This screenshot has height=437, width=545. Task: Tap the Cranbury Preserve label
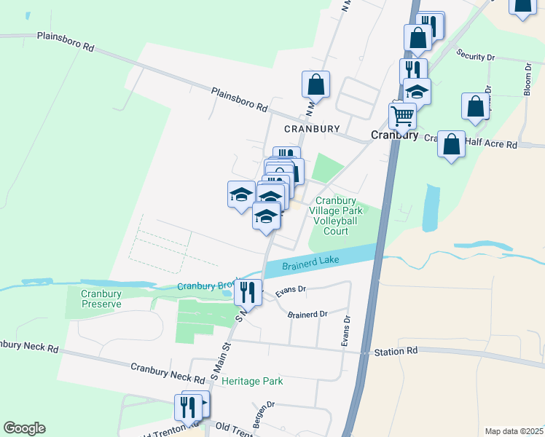point(101,299)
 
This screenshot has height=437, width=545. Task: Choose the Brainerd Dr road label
point(307,315)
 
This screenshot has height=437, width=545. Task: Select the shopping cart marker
point(402,116)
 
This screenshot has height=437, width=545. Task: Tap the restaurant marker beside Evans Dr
point(248,292)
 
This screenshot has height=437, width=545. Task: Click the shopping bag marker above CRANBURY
point(316,84)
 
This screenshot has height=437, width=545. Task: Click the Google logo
point(24,428)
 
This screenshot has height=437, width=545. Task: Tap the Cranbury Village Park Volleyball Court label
point(335,216)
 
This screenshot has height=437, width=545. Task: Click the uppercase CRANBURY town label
point(312,129)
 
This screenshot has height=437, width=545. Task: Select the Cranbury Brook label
point(208,286)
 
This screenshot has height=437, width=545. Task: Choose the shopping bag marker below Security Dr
point(475,106)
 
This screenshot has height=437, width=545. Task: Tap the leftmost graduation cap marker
point(242,194)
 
